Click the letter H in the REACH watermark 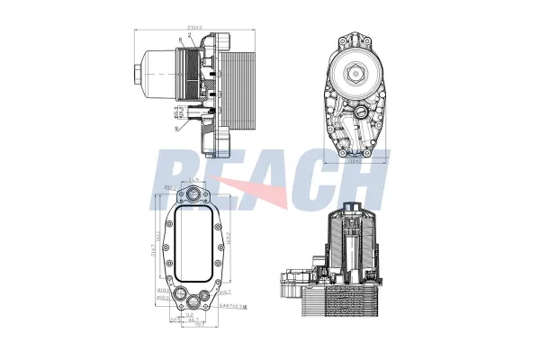tap(364, 180)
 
